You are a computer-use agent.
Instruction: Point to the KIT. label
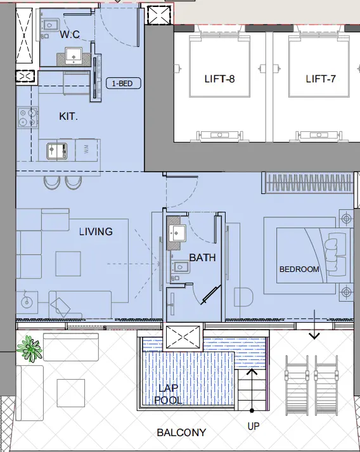point(68,117)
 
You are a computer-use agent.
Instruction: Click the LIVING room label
point(96,231)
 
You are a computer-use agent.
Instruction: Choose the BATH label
point(202,258)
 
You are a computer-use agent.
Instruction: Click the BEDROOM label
point(299,269)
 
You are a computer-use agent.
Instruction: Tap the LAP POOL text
point(169,394)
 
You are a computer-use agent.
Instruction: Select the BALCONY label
point(181,433)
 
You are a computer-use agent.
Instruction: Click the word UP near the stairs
point(254,427)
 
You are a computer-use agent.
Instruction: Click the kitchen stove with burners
point(26,118)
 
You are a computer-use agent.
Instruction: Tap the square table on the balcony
point(70,392)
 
